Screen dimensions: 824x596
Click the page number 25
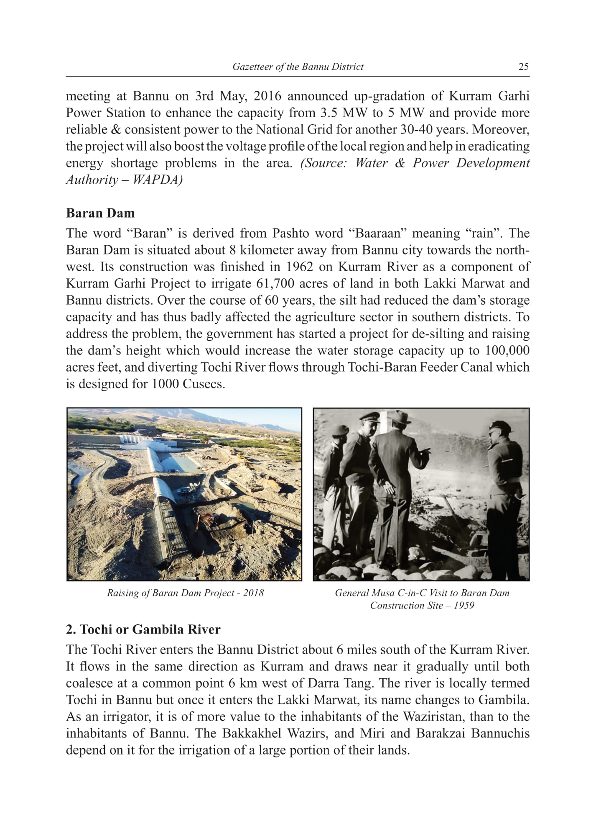[x=523, y=67]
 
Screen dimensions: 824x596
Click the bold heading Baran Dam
[x=100, y=213]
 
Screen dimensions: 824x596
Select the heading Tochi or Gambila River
[x=143, y=629]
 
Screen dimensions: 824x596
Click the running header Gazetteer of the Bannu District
[x=298, y=67]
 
